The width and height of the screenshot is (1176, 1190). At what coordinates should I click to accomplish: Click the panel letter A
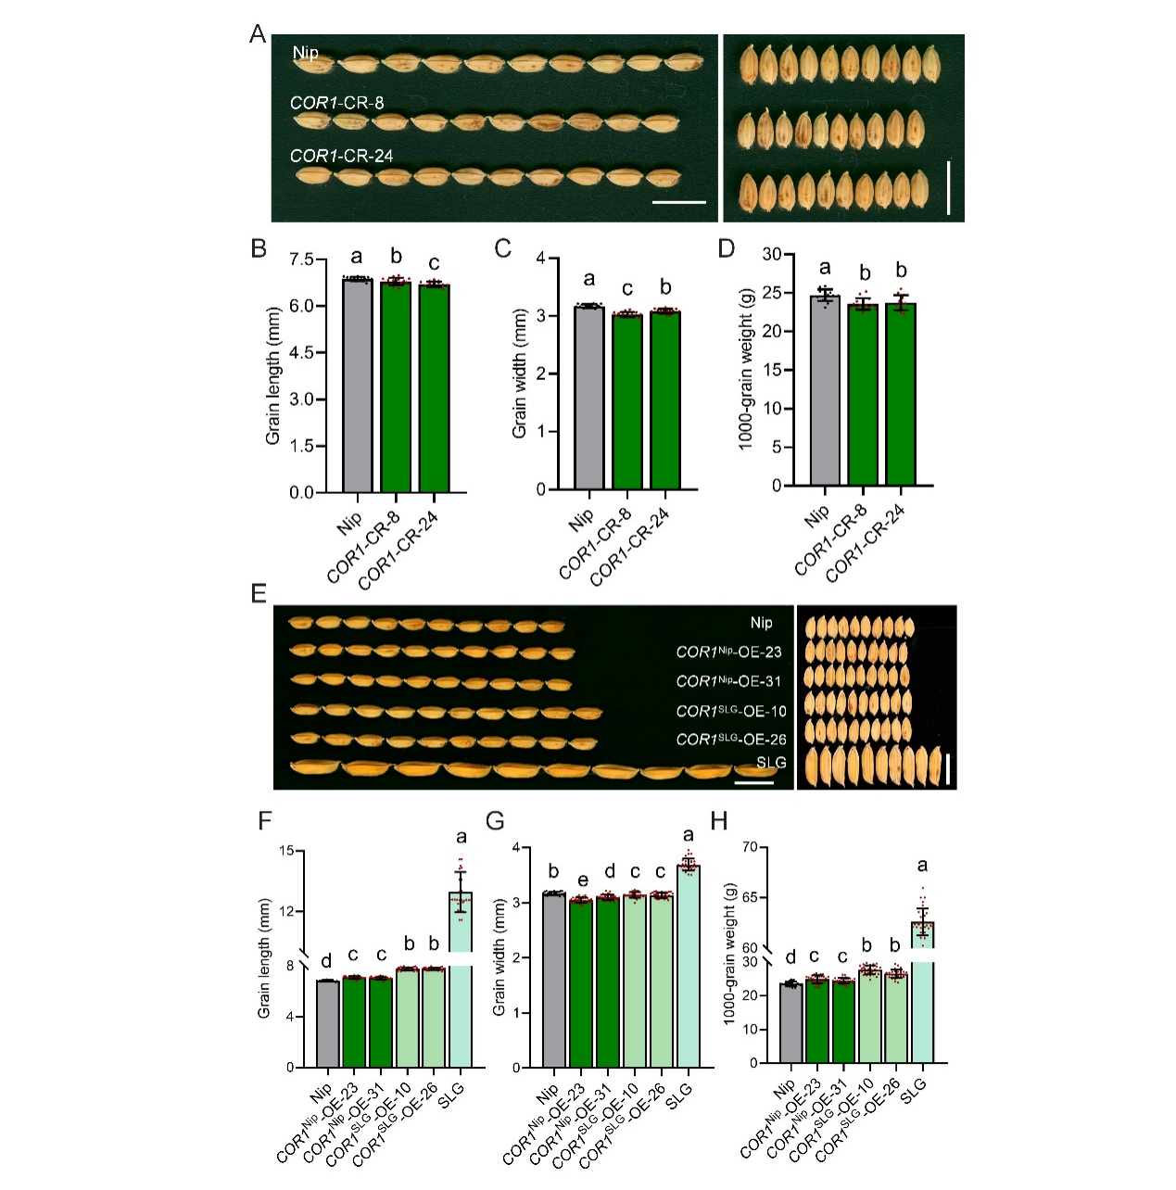pos(258,34)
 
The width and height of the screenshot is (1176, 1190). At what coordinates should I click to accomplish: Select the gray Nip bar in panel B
pos(357,385)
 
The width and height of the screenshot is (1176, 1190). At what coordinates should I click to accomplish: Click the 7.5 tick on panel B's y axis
pos(301,260)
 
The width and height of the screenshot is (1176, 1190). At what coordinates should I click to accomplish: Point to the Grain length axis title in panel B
pos(272,375)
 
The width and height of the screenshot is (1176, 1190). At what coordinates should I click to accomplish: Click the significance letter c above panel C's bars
pos(627,288)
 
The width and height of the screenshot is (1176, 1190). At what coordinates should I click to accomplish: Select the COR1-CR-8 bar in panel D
pos(863,394)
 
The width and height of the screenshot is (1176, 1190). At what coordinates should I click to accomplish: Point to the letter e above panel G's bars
pos(581,880)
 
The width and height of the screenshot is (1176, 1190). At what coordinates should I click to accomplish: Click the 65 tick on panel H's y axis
pos(749,897)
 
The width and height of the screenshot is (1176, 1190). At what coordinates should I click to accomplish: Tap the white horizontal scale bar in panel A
pos(678,201)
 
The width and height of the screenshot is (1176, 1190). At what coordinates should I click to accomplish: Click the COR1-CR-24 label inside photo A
pos(341,156)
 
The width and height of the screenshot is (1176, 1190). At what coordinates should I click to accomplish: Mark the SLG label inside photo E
pos(771,763)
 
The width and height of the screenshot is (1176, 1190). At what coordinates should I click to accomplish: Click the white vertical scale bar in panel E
pos(949,768)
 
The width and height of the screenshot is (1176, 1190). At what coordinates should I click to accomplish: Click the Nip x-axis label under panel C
pos(581,519)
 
